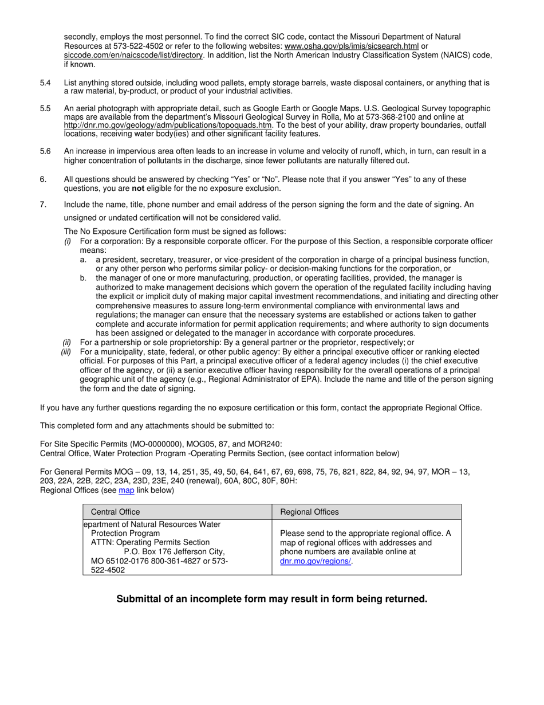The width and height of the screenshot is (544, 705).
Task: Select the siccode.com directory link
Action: (133, 55)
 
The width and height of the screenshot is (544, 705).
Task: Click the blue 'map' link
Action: (126, 490)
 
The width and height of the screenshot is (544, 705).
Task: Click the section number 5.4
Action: (45, 83)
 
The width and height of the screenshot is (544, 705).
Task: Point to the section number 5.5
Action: (45, 108)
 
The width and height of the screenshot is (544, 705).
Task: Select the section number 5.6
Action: (45, 151)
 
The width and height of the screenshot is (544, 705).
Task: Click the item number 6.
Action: (43, 179)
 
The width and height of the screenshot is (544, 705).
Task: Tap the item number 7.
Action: (43, 205)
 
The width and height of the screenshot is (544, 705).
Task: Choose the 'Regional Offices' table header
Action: (309, 512)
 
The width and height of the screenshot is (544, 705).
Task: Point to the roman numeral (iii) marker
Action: (66, 352)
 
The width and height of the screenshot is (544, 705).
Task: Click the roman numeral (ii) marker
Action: (67, 343)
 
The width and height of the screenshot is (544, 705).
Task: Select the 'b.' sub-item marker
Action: (84, 278)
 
